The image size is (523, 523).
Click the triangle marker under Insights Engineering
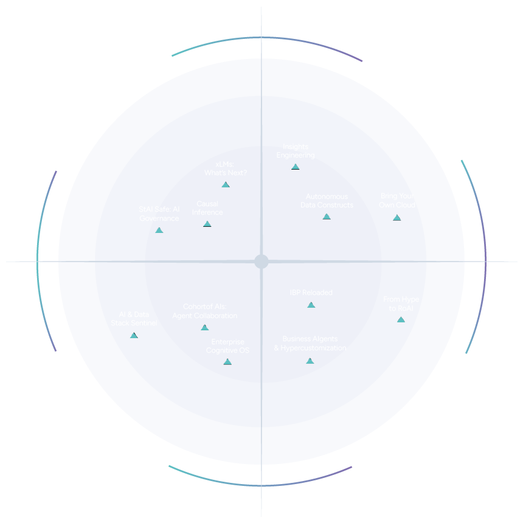pos(296,167)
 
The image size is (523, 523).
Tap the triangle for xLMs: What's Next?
pos(226,184)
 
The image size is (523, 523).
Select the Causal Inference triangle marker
pos(207,224)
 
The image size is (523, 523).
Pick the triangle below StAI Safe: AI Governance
pos(159,230)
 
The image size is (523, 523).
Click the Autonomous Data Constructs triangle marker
pos(327,216)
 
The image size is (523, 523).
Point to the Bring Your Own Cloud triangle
pos(397,217)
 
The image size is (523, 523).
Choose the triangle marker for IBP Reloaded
pos(311,305)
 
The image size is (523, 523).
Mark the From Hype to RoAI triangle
pos(401,319)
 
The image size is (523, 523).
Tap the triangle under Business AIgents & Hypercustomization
pos(310,361)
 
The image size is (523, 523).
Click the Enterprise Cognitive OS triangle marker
pos(227,362)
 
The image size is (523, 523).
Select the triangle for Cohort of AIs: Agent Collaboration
pos(205,327)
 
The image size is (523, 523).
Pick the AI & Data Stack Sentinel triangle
pos(134,335)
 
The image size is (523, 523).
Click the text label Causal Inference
pos(207,208)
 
